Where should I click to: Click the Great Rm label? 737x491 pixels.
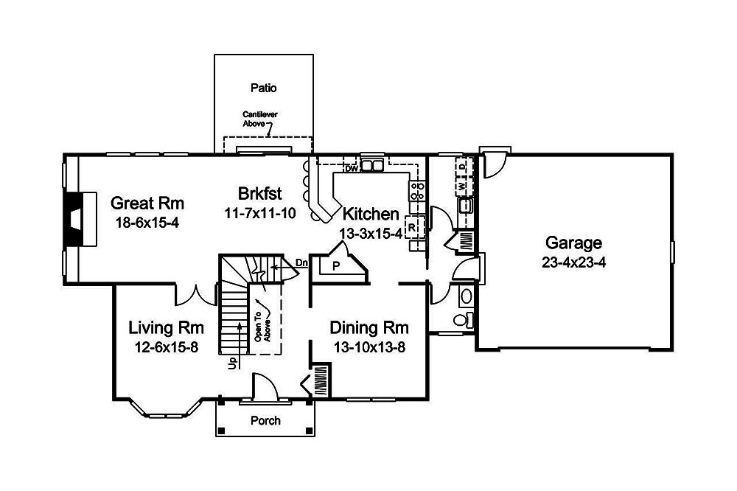[147, 203]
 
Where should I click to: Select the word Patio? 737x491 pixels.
[263, 88]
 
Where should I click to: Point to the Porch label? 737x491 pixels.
[265, 421]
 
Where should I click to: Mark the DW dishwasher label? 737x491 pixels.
[351, 169]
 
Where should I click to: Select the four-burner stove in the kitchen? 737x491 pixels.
[416, 191]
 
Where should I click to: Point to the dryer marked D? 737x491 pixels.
[463, 167]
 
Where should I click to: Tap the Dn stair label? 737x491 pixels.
[301, 262]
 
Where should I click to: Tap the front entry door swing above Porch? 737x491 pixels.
[264, 387]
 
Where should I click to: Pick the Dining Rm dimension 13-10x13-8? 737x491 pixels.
[368, 347]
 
